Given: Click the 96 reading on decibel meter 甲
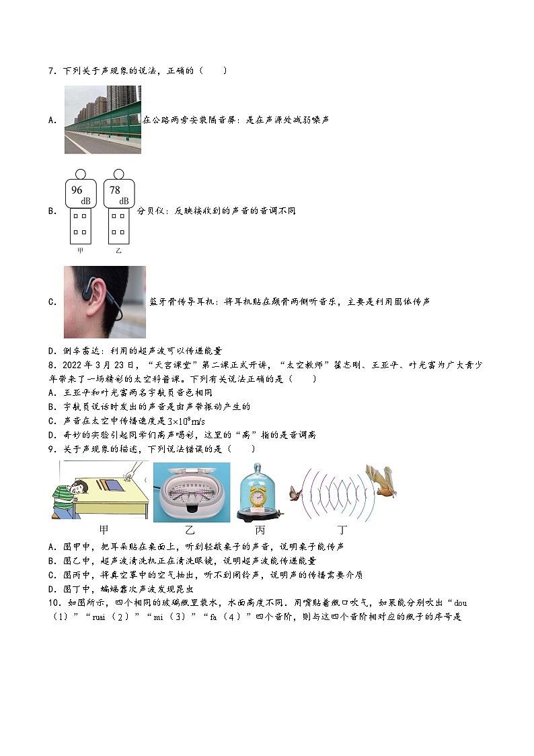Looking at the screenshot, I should (77, 191).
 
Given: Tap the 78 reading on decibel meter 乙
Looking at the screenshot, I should (114, 191).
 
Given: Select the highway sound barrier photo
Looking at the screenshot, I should (102, 120).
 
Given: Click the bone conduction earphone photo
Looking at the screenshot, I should (104, 302).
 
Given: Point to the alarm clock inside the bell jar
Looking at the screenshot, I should (258, 497).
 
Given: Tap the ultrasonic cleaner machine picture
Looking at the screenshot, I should (191, 492).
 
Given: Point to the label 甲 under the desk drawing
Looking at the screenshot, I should (104, 529).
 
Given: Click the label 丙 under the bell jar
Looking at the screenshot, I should (260, 529).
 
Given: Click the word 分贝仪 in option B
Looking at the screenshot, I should (151, 211).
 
